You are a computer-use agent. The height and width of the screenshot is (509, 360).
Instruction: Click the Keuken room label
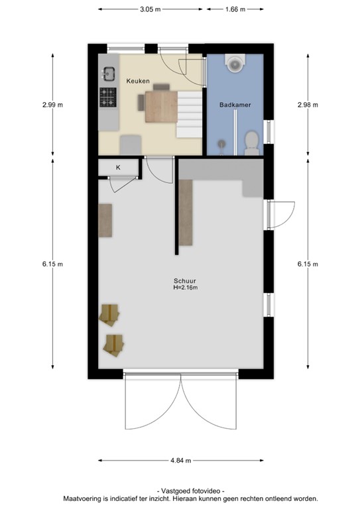(x=138, y=82)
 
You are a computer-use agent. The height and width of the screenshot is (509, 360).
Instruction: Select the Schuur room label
(x=185, y=280)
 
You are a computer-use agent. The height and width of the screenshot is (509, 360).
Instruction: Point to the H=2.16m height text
(x=185, y=288)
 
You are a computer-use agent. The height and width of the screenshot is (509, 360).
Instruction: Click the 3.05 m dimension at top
(x=149, y=9)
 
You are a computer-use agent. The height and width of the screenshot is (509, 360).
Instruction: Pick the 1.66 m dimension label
(x=235, y=9)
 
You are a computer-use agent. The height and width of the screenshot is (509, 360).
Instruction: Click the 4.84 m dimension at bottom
(x=180, y=461)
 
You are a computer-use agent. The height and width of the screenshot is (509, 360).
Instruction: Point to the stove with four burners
(x=108, y=98)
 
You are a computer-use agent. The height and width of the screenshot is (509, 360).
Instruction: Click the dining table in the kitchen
(x=159, y=107)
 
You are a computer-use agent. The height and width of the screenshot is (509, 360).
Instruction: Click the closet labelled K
(x=118, y=168)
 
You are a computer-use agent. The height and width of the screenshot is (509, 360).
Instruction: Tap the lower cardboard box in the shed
(x=114, y=343)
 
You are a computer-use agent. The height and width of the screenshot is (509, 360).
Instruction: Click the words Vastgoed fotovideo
(x=190, y=490)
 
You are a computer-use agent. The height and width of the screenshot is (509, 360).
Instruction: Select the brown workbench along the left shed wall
(x=106, y=221)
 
